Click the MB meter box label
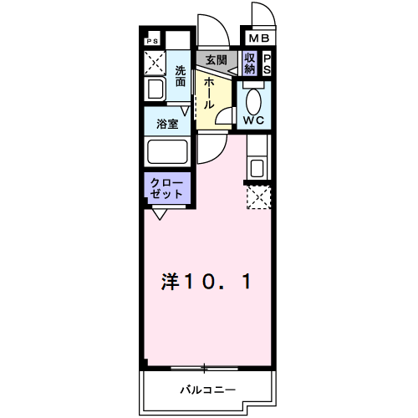click(259, 38)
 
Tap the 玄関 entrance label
click(217, 60)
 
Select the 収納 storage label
click(250, 64)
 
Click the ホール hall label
click(209, 94)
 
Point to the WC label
click(253, 120)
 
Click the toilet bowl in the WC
click(253, 102)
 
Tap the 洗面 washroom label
click(181, 76)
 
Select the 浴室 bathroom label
click(167, 124)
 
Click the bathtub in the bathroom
click(167, 152)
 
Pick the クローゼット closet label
click(166, 189)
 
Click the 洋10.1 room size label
click(206, 282)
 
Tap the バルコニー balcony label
click(208, 390)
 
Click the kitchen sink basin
click(257, 168)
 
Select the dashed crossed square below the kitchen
click(259, 197)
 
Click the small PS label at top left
click(152, 41)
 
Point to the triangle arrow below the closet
click(160, 215)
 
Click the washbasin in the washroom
click(155, 89)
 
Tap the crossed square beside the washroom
click(155, 63)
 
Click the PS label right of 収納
click(267, 64)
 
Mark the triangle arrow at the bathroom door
click(185, 111)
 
